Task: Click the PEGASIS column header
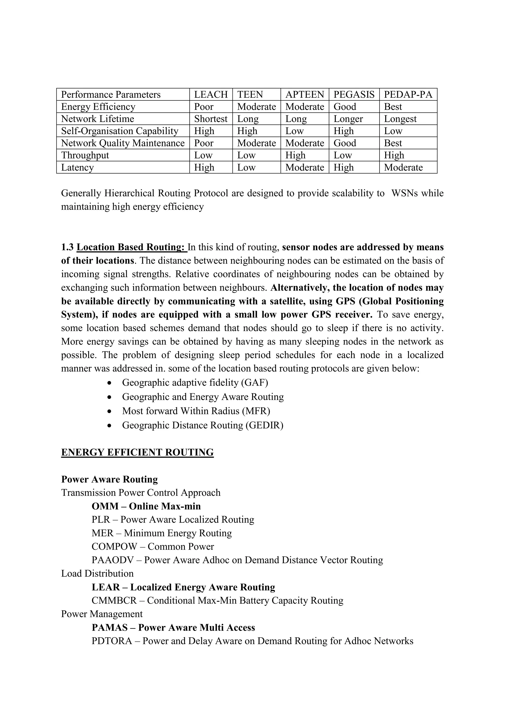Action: [x=354, y=94]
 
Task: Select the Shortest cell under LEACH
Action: [x=211, y=119]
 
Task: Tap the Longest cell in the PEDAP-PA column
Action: [x=400, y=119]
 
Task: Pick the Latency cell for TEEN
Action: [x=246, y=167]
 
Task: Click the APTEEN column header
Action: [x=305, y=94]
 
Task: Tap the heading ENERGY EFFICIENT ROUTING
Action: [x=137, y=452]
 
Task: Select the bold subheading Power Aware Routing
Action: [x=109, y=479]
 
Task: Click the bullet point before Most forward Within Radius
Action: [x=109, y=411]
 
